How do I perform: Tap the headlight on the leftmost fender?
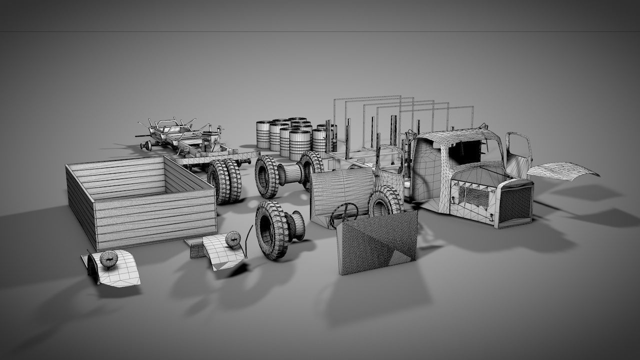pyautogui.click(x=109, y=258)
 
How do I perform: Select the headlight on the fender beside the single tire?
pyautogui.click(x=233, y=239)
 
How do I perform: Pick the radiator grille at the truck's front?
pyautogui.click(x=515, y=205)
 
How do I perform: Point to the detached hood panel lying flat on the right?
pyautogui.click(x=562, y=170)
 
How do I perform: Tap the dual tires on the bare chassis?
pyautogui.click(x=225, y=181)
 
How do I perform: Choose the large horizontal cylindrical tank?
pyautogui.click(x=342, y=192)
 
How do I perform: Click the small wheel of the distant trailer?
pyautogui.click(x=146, y=145)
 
